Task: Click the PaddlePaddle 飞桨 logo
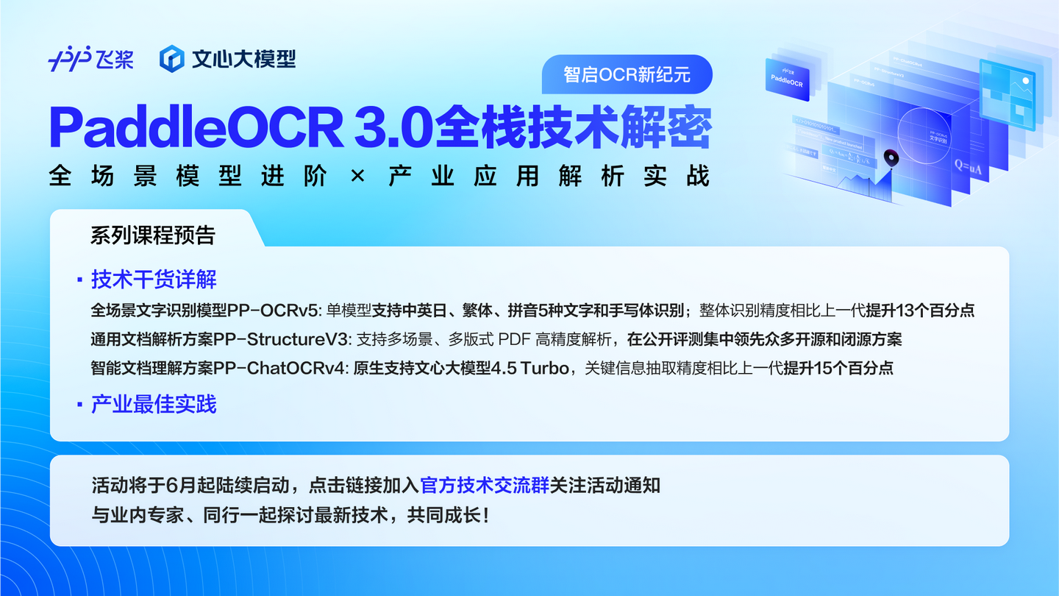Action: point(90,58)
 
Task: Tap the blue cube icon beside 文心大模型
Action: point(171,58)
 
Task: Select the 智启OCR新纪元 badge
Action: point(627,74)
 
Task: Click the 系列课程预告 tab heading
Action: point(153,235)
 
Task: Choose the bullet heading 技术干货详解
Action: point(154,280)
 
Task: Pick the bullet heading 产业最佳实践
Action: point(154,404)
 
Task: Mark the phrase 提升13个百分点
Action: point(920,311)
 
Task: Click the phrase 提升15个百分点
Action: point(838,368)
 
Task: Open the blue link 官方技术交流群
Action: point(485,486)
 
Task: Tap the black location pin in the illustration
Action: point(891,158)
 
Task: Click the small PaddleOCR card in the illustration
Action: point(787,79)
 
